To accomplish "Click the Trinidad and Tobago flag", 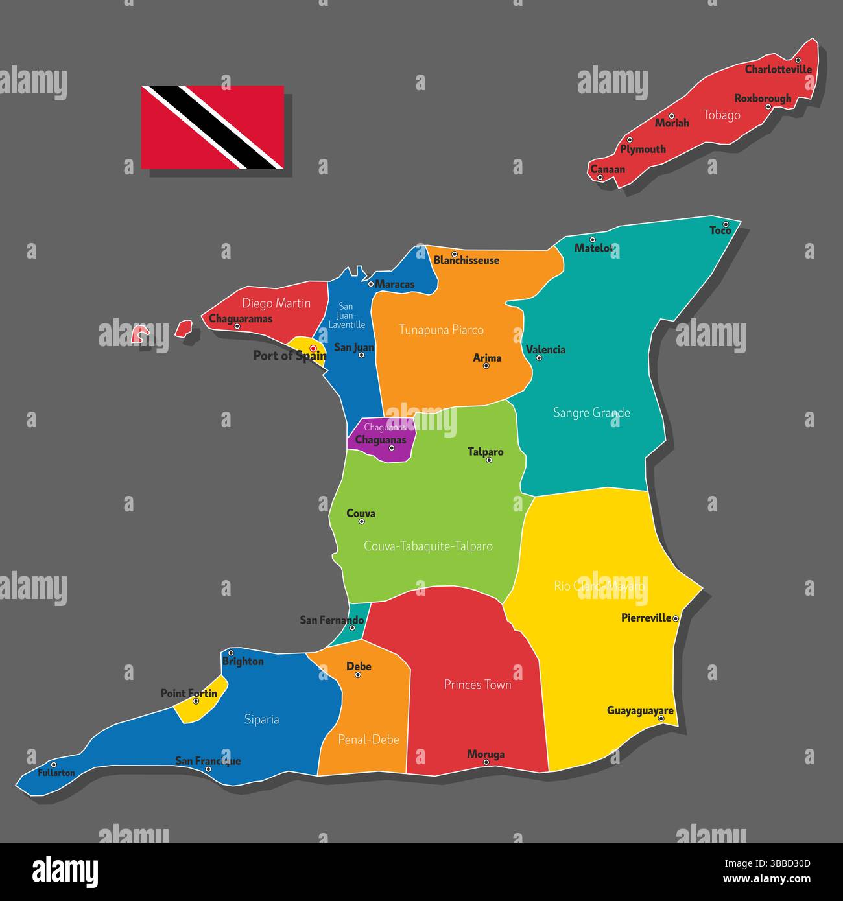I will (213, 127).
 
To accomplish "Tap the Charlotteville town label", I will (778, 69).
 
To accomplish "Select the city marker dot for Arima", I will (486, 366).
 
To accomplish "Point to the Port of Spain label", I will (289, 355).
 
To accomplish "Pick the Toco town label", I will (720, 231).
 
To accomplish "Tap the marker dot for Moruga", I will (486, 762).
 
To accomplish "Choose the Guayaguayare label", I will (640, 710).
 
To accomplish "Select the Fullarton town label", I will (56, 773).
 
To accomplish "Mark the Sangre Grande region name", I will (591, 412).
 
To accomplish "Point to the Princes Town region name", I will (477, 685).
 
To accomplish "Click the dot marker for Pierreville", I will (676, 619).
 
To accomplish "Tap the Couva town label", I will (361, 513).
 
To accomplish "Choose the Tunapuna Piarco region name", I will (441, 330).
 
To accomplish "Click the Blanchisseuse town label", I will (466, 261).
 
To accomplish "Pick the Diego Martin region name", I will (276, 303).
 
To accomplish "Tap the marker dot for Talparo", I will (489, 460).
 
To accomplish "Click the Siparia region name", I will (261, 719).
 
